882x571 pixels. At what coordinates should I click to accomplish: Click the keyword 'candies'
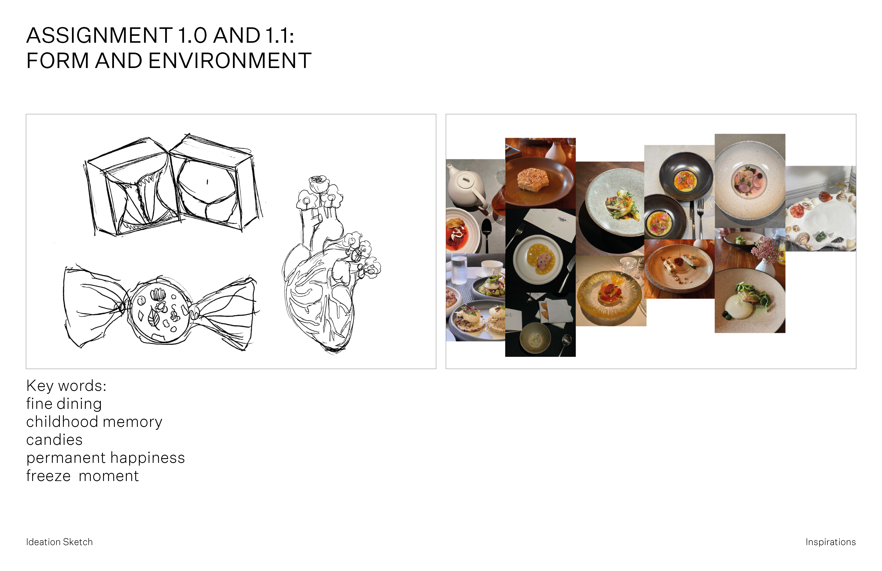pos(54,440)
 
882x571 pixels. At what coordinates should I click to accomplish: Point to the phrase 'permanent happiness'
pos(105,458)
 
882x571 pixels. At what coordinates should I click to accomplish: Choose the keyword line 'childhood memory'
pos(94,422)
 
